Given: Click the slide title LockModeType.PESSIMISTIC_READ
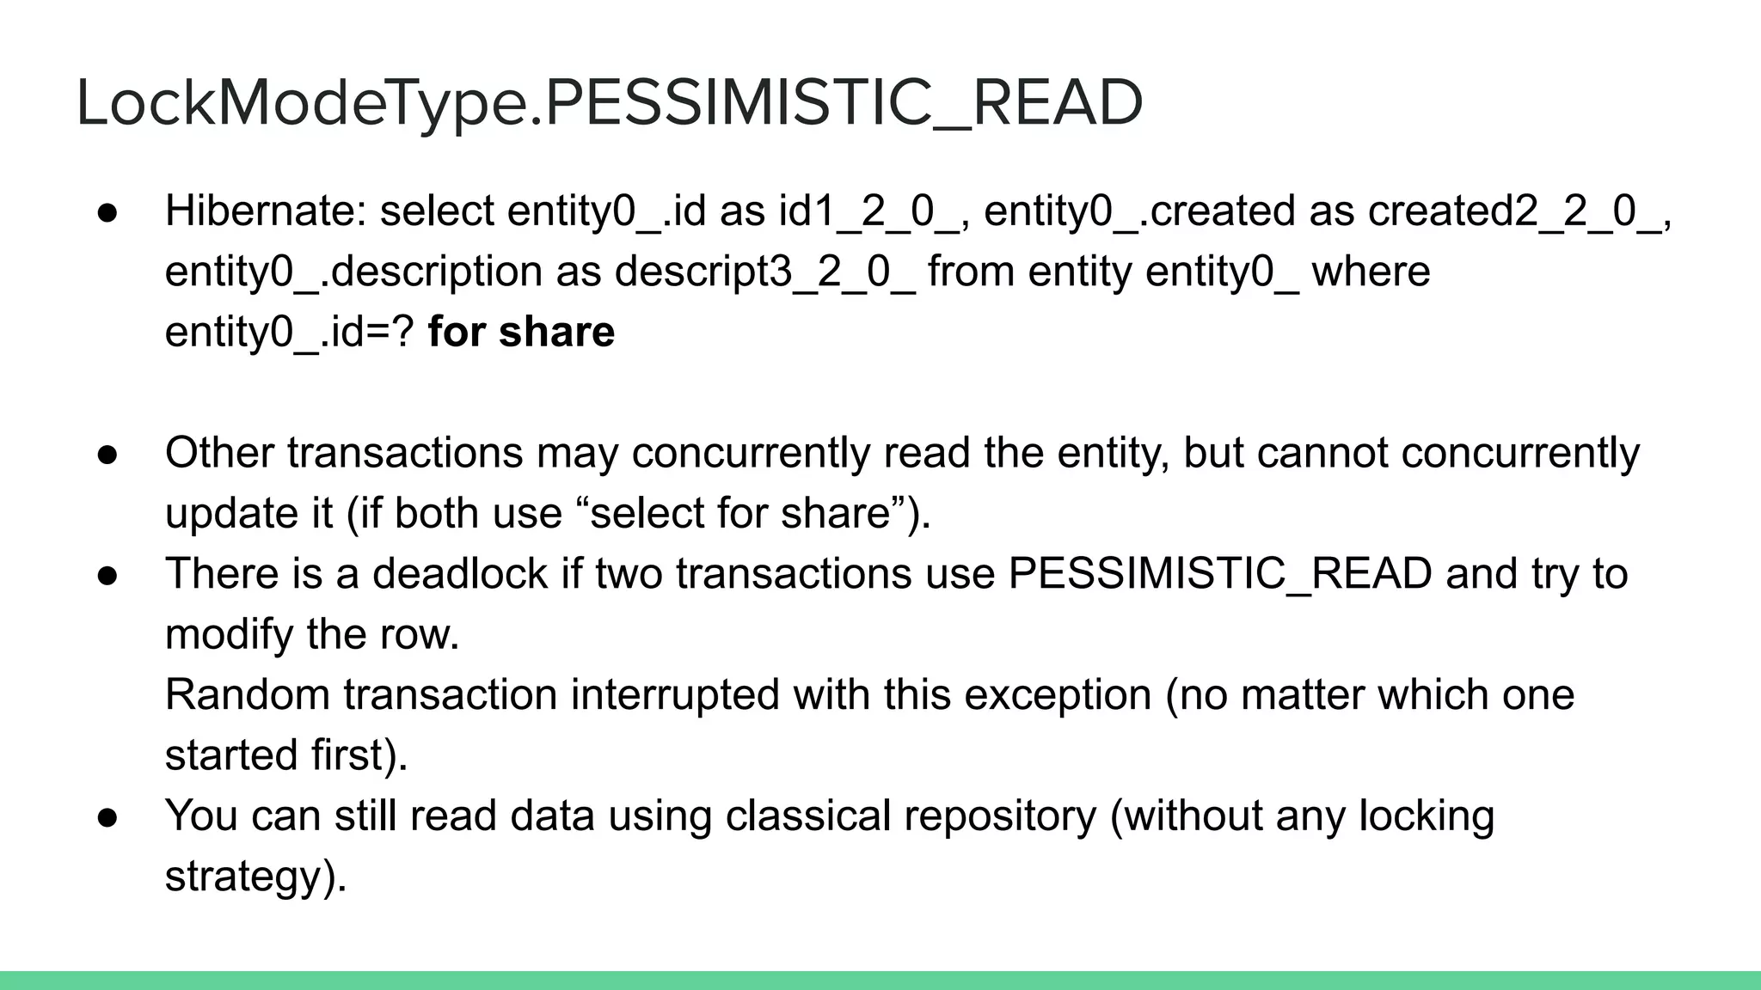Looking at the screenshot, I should point(609,103).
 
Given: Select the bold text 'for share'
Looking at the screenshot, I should point(521,333).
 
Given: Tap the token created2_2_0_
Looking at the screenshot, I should point(1514,211).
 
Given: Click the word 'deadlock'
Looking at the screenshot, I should point(460,574).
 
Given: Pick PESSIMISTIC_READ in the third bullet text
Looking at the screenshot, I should point(1220,574).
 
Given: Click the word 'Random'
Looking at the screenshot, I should point(248,695).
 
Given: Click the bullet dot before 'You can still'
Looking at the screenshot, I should point(107,817).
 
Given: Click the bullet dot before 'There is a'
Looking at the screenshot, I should point(107,575).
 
